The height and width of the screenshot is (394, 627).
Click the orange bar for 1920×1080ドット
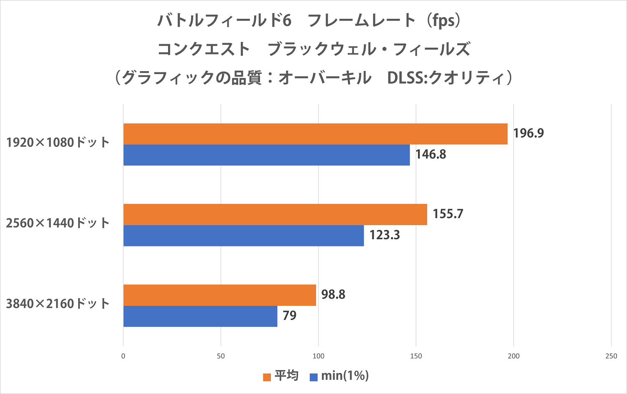click(x=315, y=134)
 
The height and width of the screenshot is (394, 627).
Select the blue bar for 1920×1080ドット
click(x=266, y=155)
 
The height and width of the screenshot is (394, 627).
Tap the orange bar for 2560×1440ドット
click(x=275, y=215)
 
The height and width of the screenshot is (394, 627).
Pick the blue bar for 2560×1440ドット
click(x=243, y=235)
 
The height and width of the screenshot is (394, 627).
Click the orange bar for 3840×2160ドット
click(x=219, y=295)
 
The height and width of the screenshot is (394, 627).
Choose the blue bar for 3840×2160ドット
click(x=200, y=316)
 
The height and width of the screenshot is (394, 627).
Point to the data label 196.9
click(x=528, y=133)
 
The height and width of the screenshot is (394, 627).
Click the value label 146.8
click(x=431, y=155)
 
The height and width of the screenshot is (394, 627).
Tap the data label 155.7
click(x=448, y=214)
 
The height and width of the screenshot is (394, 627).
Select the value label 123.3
click(x=385, y=235)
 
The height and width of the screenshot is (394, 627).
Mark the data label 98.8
click(x=333, y=295)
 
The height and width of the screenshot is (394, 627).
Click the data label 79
click(x=289, y=316)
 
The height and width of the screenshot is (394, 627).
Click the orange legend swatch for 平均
click(x=267, y=377)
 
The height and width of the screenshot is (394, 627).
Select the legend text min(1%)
click(x=345, y=376)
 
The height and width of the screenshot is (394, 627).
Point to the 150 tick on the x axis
click(x=416, y=356)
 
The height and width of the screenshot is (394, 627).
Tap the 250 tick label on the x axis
click(x=611, y=356)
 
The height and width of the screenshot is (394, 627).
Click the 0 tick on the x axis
click(x=123, y=356)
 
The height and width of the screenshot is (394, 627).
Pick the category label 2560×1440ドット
click(x=58, y=223)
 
